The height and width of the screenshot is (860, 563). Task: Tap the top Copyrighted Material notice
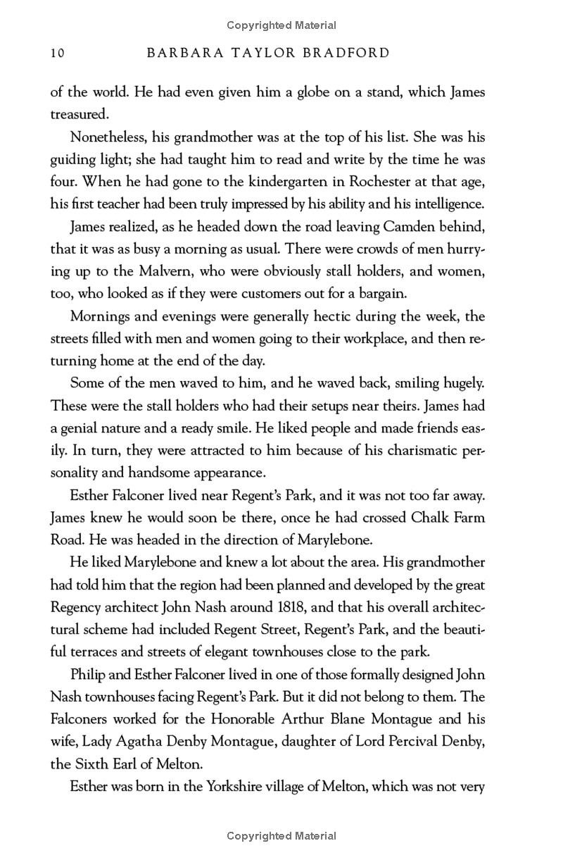point(281,25)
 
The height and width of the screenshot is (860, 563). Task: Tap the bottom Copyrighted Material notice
point(281,836)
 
